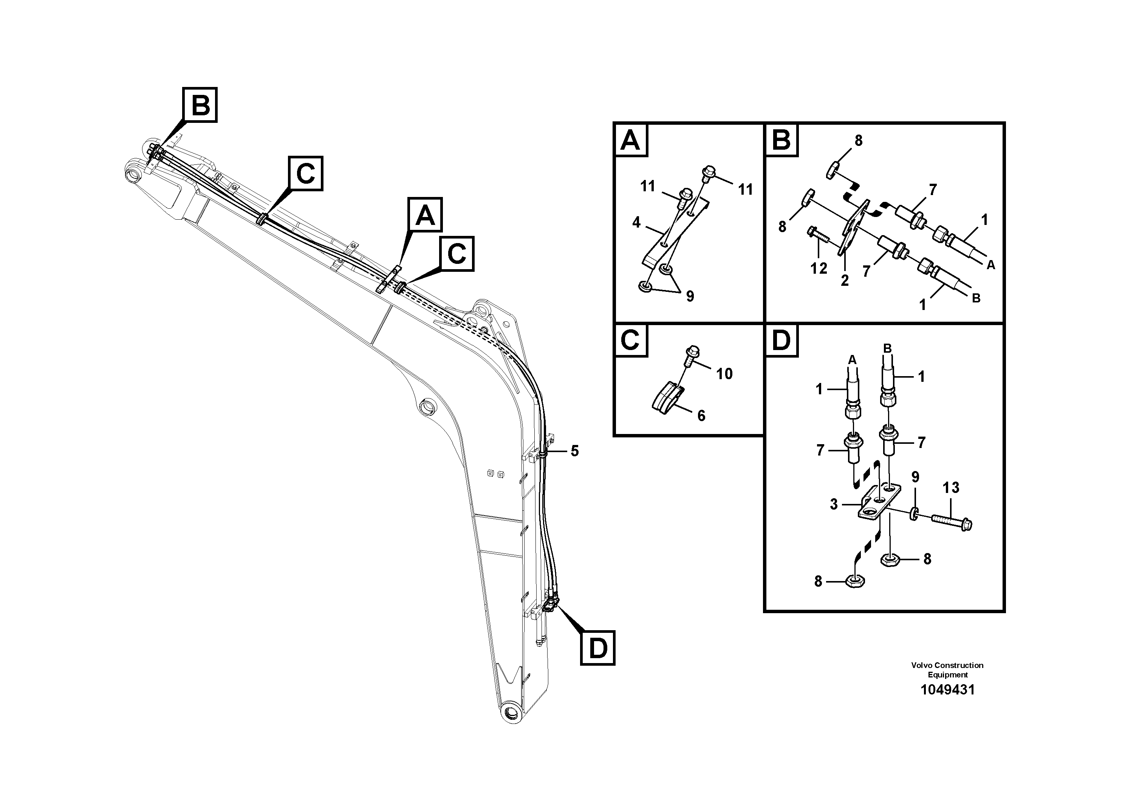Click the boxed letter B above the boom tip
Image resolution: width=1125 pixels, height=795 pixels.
click(x=200, y=105)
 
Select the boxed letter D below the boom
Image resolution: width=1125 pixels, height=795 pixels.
click(x=597, y=648)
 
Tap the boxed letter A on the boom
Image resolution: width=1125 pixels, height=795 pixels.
click(x=425, y=215)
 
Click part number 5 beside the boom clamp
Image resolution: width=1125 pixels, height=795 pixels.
click(x=575, y=451)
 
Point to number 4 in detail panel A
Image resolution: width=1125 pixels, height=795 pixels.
click(x=636, y=223)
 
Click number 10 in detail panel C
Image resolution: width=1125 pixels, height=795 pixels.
click(x=724, y=374)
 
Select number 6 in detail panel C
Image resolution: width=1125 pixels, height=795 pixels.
click(x=701, y=415)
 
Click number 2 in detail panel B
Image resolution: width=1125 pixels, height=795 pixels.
click(x=844, y=280)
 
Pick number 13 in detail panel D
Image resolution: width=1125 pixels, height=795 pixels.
click(x=950, y=488)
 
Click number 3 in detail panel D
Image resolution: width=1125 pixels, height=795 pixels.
click(x=834, y=504)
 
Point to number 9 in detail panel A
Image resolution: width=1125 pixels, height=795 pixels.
click(x=690, y=296)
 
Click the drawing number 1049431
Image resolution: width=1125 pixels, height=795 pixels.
click(x=947, y=690)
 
